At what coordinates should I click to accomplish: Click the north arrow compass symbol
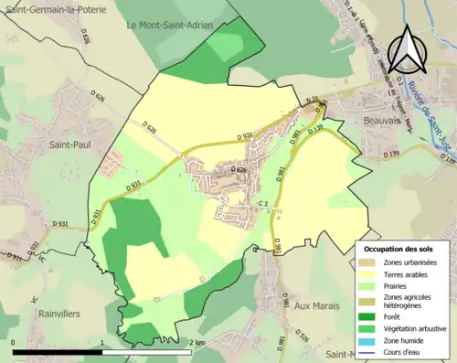tap(404, 49)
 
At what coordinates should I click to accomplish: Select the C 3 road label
tap(261, 203)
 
